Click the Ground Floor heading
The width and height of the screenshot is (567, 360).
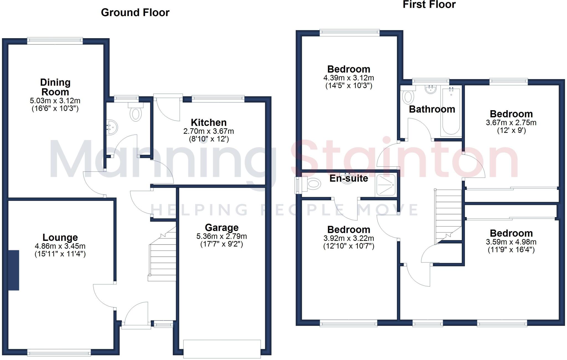[135, 12]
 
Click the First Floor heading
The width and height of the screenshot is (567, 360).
[429, 5]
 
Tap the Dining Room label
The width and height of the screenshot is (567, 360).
[55, 87]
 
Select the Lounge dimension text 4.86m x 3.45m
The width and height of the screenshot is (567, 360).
[60, 246]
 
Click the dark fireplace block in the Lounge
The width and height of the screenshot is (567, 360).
[14, 270]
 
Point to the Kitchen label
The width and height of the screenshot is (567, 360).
[208, 122]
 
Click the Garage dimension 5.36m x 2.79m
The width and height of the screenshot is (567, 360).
[221, 236]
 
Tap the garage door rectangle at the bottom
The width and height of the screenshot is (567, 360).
[222, 348]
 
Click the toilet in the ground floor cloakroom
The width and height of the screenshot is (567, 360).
[135, 113]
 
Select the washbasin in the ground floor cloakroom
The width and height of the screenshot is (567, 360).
[113, 127]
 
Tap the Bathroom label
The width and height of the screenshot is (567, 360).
[432, 109]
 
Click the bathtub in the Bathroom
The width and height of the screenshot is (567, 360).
[451, 112]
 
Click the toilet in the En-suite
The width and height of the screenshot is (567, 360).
[313, 184]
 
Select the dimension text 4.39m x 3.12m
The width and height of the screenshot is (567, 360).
[349, 78]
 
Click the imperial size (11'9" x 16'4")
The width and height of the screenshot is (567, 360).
[511, 250]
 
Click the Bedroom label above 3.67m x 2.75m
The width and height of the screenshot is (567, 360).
[511, 114]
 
